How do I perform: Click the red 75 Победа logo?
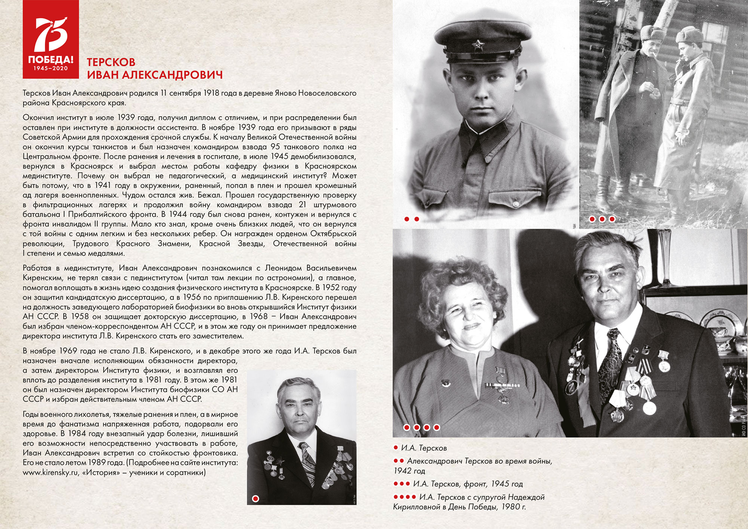(x=50, y=39)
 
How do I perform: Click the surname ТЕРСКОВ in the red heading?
(x=111, y=62)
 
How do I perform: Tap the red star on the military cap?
(x=477, y=46)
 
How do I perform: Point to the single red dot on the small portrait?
(x=256, y=498)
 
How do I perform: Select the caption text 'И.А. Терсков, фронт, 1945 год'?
(x=467, y=484)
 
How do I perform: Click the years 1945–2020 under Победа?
(x=50, y=68)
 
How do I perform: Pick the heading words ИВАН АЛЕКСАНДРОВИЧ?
(x=155, y=75)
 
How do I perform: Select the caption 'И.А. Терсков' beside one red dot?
(x=424, y=448)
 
